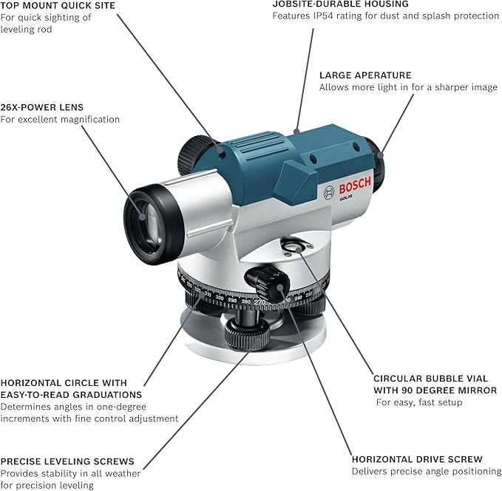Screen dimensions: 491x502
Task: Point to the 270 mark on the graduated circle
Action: [260, 302]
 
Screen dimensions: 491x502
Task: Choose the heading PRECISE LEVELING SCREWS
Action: [67, 461]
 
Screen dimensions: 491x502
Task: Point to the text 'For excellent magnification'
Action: [60, 119]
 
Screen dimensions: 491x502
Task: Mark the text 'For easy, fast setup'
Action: [419, 403]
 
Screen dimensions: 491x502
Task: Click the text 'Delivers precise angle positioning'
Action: [427, 471]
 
